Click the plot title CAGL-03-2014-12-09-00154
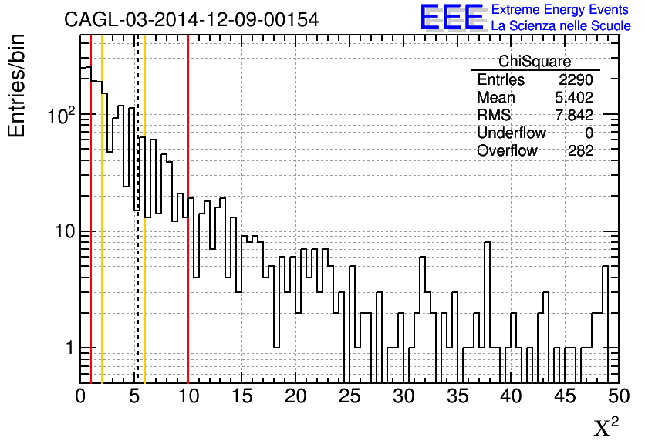pos(191,19)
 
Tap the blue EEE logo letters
pos(451,17)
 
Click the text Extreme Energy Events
pos(561,9)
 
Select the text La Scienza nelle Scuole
pos(561,25)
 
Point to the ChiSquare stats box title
pos(535,62)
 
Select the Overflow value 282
pos(580,151)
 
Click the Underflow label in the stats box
pos(511,133)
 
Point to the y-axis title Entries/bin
pos(17,86)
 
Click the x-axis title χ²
pos(606,426)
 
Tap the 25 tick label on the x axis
pos(350,397)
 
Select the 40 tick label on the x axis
pos(511,397)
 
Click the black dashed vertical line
pos(137,231)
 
